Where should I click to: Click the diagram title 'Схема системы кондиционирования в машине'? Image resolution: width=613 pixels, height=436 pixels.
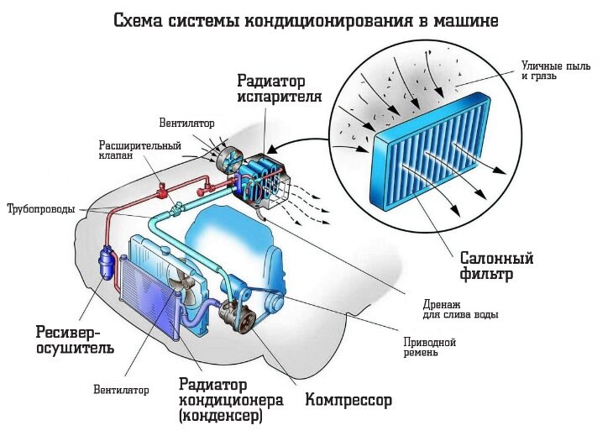pos(306,20)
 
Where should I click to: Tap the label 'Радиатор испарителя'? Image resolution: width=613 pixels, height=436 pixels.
pos(280,88)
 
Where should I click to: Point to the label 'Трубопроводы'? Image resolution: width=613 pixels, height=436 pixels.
pos(40,208)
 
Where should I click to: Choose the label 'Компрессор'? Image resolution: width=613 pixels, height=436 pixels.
pos(348,399)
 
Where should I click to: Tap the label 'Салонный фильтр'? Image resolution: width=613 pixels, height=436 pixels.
pos(497,265)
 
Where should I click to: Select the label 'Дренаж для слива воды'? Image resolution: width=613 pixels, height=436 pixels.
pos(461,309)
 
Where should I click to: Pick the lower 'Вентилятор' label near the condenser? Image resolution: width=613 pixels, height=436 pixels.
pos(121,390)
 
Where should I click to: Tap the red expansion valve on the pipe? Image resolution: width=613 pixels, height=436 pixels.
pos(159,180)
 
